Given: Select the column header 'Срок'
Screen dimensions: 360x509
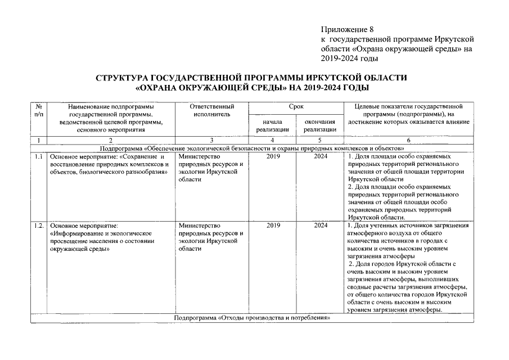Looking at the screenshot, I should click(x=296, y=106).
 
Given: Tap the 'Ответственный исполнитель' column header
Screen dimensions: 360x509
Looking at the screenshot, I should click(x=210, y=110).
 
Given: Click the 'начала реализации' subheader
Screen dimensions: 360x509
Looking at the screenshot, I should click(x=272, y=125).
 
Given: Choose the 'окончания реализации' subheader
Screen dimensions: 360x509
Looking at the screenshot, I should click(x=319, y=125).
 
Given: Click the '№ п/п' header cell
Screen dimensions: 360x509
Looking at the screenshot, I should click(x=38, y=110).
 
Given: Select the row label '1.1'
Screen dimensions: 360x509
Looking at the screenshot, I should click(x=38, y=156).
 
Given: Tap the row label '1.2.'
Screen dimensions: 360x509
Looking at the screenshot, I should click(x=38, y=226).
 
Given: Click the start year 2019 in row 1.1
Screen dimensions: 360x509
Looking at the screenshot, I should click(x=273, y=156).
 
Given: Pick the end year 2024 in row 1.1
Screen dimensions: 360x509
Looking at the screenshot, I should click(x=321, y=156).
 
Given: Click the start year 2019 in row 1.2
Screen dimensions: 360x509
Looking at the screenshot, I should click(x=273, y=226).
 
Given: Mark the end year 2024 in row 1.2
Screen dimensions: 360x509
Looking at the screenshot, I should click(x=321, y=226).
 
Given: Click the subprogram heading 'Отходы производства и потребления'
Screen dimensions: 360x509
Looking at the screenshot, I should click(x=251, y=318).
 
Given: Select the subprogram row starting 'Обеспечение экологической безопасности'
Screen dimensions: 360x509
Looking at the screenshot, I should click(x=251, y=147).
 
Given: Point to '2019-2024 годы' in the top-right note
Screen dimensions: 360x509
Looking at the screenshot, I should click(x=349, y=58).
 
